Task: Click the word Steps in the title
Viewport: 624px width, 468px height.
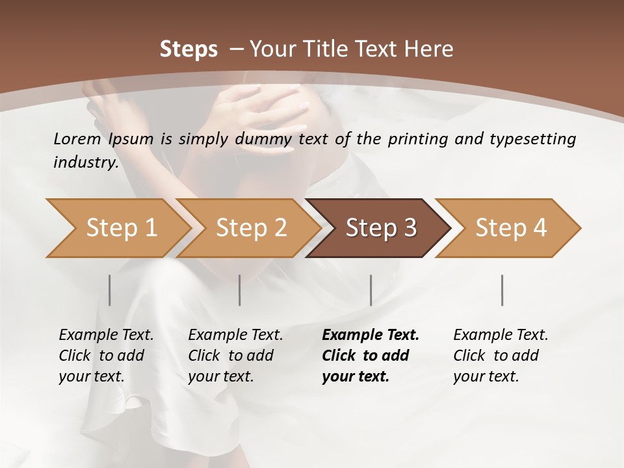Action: [188, 49]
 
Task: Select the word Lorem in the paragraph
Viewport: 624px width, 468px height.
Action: [77, 138]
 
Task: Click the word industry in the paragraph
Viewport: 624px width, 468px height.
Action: [86, 162]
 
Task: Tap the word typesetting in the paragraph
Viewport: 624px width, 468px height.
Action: [537, 138]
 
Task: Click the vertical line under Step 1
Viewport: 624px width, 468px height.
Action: [110, 290]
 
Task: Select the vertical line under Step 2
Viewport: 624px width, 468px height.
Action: [240, 290]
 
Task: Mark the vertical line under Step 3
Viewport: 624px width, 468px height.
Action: [370, 290]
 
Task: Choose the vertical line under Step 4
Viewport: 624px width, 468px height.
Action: [502, 290]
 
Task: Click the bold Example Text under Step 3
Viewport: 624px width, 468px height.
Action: [370, 335]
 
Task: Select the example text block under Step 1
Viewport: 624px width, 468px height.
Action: [106, 356]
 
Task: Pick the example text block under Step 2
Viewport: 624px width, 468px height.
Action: [235, 356]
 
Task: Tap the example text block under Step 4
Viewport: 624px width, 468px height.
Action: [500, 356]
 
